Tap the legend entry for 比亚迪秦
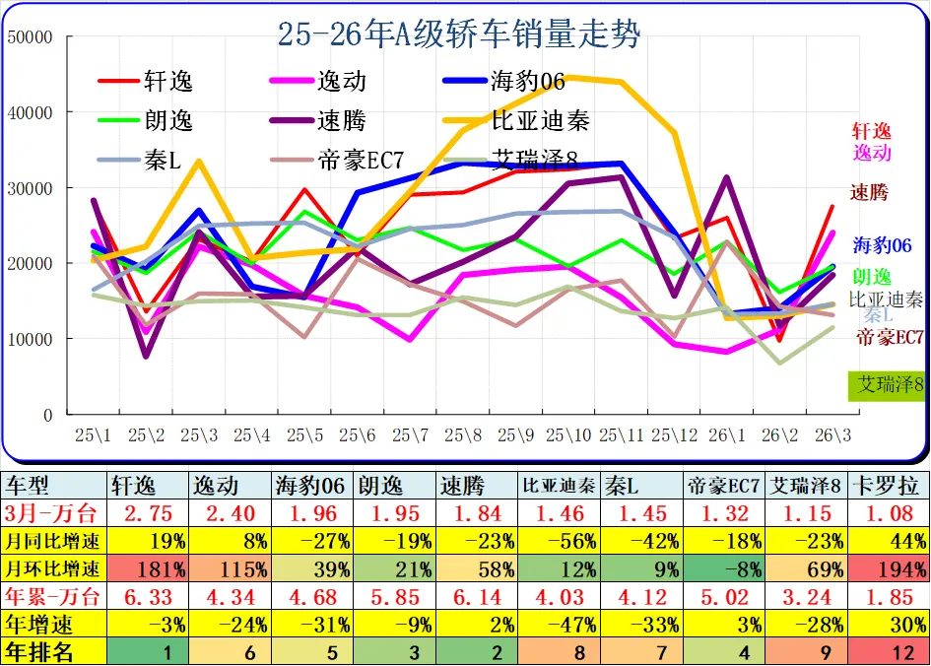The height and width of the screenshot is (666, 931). coord(541,120)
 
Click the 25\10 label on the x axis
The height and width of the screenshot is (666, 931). coord(571,434)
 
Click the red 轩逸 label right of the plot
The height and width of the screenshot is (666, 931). coord(871,131)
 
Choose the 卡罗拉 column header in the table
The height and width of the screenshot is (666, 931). coord(889,486)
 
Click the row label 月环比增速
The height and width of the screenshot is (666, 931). coord(53,568)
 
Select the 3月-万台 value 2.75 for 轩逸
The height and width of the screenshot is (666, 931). coord(148,512)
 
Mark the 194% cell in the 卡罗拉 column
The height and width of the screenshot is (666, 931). coord(889,568)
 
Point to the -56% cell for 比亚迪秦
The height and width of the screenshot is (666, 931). coord(559,541)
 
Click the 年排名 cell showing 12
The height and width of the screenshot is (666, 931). coord(889,650)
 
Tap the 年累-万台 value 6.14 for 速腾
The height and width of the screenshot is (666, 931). coord(477,596)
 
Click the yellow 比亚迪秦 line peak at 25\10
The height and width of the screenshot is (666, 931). coord(571,78)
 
